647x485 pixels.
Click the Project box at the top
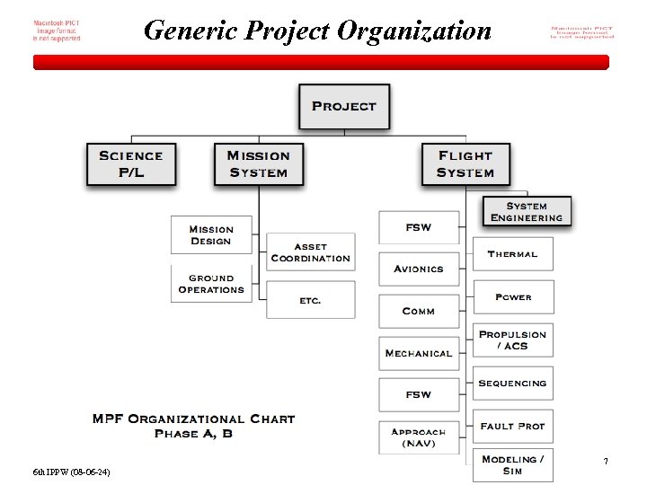[x=344, y=106]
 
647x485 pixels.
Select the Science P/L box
[x=131, y=164]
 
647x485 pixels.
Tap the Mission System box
[x=258, y=164]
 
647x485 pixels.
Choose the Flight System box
[x=465, y=164]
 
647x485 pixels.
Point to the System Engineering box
[x=527, y=212]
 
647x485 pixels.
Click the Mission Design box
[x=211, y=235]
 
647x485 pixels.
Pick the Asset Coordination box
[x=311, y=252]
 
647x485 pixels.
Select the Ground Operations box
[x=211, y=284]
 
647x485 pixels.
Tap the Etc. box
[x=311, y=300]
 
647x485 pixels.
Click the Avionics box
[x=419, y=269]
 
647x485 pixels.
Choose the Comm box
[x=419, y=311]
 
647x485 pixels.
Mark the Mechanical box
[x=419, y=353]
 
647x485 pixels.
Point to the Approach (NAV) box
[x=419, y=437]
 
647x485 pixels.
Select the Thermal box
[x=512, y=254]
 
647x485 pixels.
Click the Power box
[x=512, y=297]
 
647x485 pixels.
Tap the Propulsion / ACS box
[x=512, y=339]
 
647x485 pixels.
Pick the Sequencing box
[x=512, y=383]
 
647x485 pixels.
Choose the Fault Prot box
[x=512, y=426]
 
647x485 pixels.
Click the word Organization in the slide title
[x=415, y=31]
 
